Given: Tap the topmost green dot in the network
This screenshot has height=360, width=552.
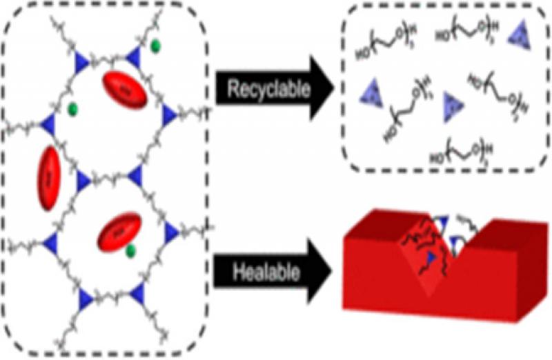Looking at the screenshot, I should point(156,46).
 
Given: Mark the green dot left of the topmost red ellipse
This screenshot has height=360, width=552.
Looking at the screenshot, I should point(73,108).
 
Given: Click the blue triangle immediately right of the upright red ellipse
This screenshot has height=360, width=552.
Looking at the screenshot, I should point(83,181).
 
